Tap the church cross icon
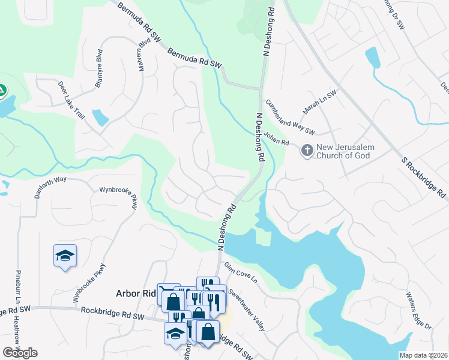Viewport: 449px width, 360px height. [x=307, y=150]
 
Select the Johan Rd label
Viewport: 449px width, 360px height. [x=277, y=140]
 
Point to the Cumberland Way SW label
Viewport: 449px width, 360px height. [x=290, y=117]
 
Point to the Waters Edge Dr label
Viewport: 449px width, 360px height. [x=418, y=310]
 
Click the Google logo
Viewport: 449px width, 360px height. [x=20, y=353]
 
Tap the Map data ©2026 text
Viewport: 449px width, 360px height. [x=423, y=355]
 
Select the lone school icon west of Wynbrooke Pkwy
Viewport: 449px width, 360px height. [x=65, y=256]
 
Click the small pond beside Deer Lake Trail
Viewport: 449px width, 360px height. [x=100, y=117]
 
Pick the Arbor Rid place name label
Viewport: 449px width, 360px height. [x=135, y=293]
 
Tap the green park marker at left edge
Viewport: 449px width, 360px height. [x=2, y=91]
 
